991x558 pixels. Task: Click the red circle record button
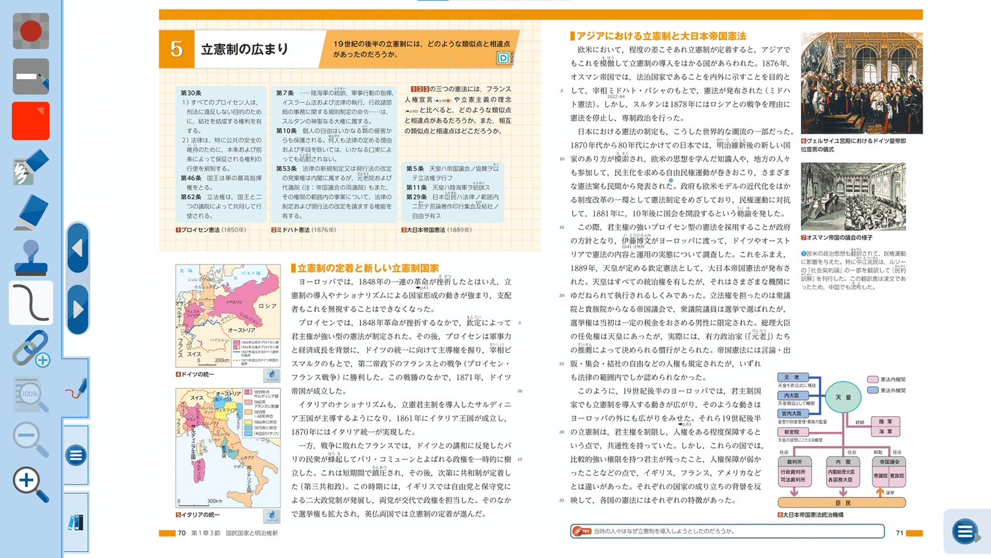(30, 31)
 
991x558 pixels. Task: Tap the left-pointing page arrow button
(78, 249)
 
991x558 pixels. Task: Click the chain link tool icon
(31, 348)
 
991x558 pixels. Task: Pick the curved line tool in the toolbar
(31, 303)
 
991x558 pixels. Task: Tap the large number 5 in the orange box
(177, 49)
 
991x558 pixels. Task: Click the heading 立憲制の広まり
(245, 49)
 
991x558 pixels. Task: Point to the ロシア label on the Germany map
(267, 306)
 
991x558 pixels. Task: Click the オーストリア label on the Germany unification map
(241, 330)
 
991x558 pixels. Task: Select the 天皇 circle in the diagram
(843, 397)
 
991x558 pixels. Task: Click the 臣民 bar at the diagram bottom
(842, 503)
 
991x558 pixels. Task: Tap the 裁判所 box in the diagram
(794, 462)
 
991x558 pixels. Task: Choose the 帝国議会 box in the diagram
(889, 462)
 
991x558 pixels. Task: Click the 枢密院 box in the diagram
(792, 432)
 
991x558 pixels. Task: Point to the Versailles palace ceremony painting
(861, 83)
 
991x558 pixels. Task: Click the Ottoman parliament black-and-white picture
(853, 196)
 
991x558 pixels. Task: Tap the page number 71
(899, 533)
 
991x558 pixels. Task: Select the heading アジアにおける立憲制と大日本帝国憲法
(660, 36)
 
